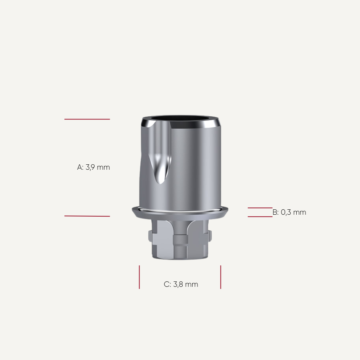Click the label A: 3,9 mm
(x=93, y=167)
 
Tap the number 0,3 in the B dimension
(x=286, y=212)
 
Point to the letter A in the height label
(x=80, y=167)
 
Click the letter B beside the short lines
(x=275, y=212)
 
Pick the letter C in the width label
(x=167, y=284)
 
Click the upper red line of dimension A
(x=87, y=119)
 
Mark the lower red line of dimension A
(x=87, y=216)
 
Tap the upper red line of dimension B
(x=260, y=208)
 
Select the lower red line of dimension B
(x=260, y=217)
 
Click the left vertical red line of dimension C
(x=139, y=277)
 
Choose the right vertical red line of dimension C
(x=220, y=277)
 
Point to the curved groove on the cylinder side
(x=162, y=168)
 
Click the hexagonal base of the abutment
(x=180, y=240)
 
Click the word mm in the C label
(x=192, y=284)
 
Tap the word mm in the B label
(x=300, y=212)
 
